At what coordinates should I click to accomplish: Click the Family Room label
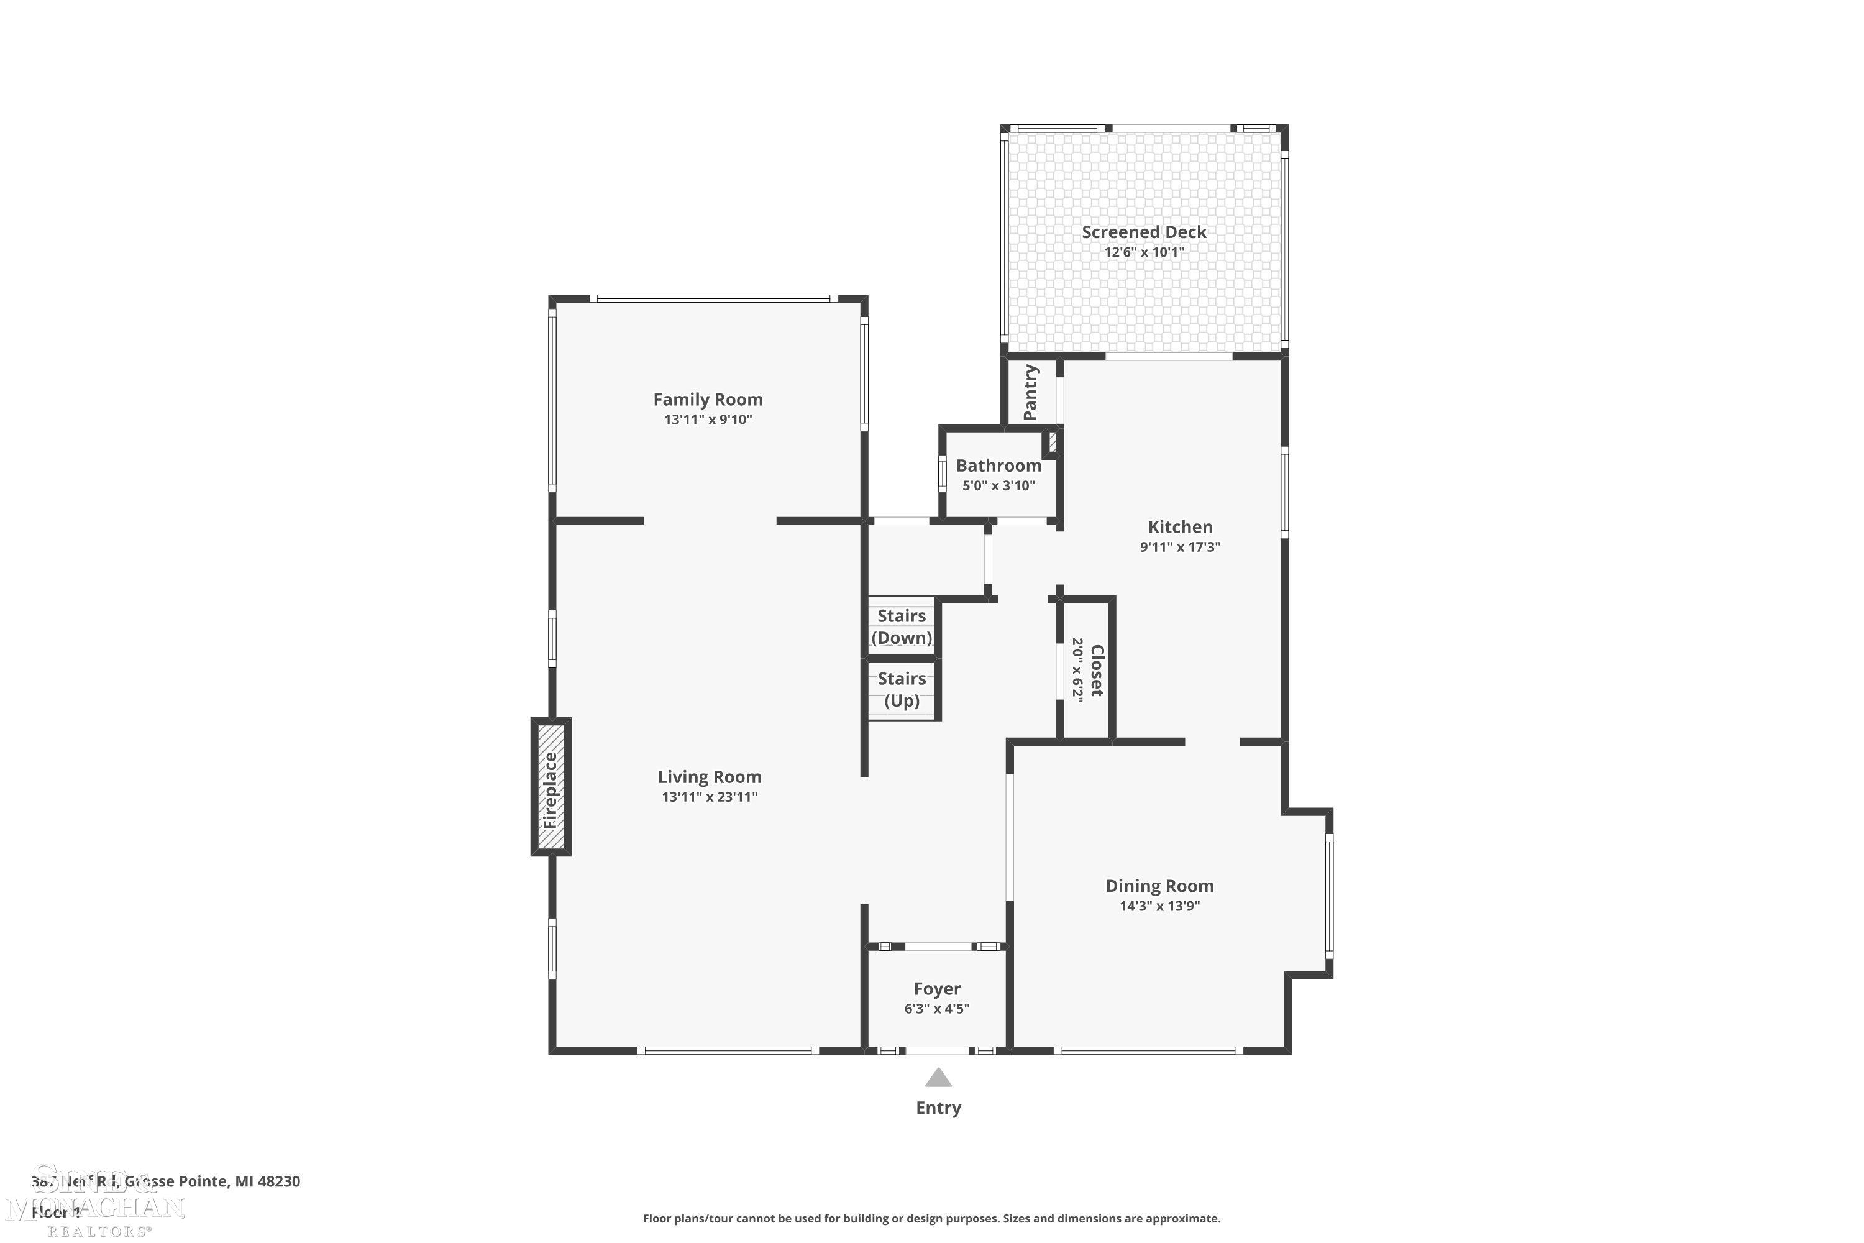[x=708, y=400]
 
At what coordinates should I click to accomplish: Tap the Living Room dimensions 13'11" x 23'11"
[x=710, y=797]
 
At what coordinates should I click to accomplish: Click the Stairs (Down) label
[x=902, y=626]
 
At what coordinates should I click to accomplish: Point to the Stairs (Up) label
[x=902, y=689]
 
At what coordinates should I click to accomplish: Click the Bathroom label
[x=998, y=466]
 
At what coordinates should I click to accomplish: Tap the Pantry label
[x=1030, y=392]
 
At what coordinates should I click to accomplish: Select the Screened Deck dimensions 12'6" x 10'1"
[x=1144, y=252]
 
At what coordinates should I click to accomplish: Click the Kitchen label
[x=1180, y=526]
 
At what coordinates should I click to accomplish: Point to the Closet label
[x=1097, y=670]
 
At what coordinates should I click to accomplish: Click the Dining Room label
[x=1159, y=886]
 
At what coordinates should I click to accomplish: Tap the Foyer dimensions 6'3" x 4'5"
[x=937, y=1008]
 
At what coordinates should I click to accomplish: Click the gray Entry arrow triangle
[x=938, y=1079]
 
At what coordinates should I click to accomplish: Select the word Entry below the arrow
[x=938, y=1108]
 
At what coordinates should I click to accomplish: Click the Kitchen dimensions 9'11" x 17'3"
[x=1180, y=546]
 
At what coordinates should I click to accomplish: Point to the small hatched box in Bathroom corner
[x=1053, y=441]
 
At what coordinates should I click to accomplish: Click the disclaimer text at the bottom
[x=931, y=1218]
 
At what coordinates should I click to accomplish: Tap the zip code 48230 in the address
[x=279, y=1181]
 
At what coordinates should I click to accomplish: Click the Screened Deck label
[x=1144, y=232]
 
